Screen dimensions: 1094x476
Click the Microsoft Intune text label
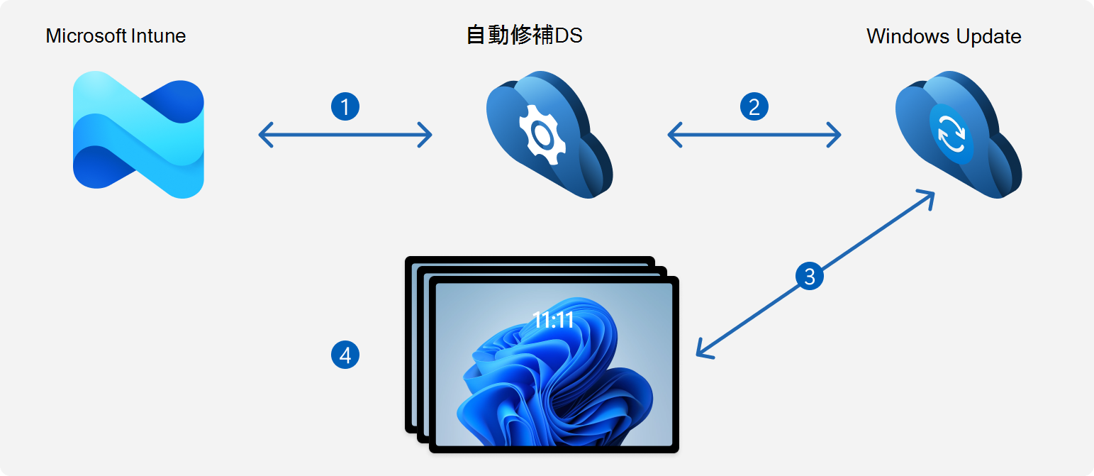116,36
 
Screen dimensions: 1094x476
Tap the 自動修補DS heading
524,35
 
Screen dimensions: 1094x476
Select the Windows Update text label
944,37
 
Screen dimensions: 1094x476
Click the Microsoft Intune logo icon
138,135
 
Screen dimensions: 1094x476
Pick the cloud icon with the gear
549,135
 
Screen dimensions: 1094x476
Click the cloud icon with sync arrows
959,135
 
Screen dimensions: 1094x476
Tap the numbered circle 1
345,106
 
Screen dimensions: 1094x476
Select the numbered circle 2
754,106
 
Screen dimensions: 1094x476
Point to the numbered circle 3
809,276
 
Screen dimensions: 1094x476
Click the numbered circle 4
345,355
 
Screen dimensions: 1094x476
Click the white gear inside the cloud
542,134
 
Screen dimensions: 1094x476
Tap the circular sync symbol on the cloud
951,133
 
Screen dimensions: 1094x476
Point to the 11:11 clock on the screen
553,320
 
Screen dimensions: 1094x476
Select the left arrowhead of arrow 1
265,134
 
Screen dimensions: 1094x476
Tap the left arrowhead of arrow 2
674,134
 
